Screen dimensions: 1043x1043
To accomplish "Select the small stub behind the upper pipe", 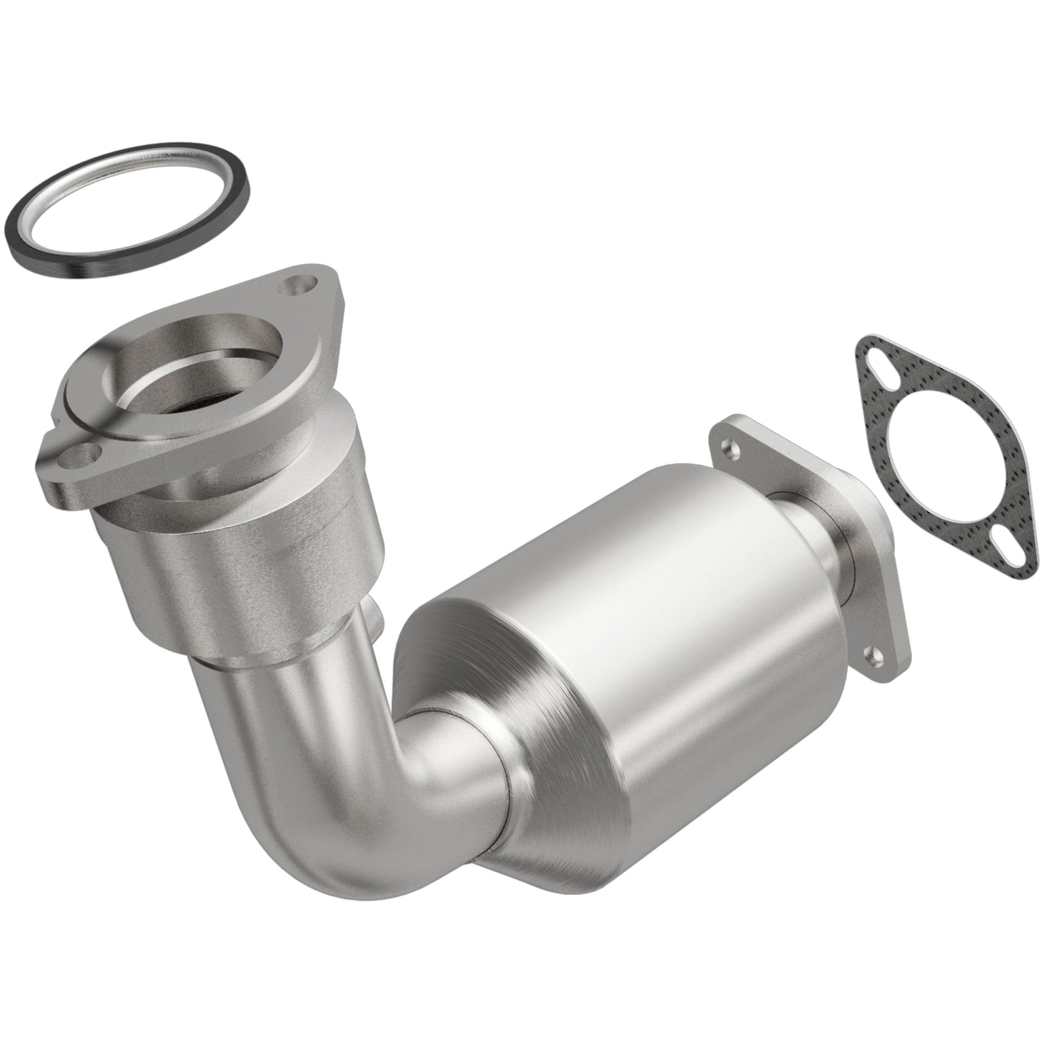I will [x=374, y=614].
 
